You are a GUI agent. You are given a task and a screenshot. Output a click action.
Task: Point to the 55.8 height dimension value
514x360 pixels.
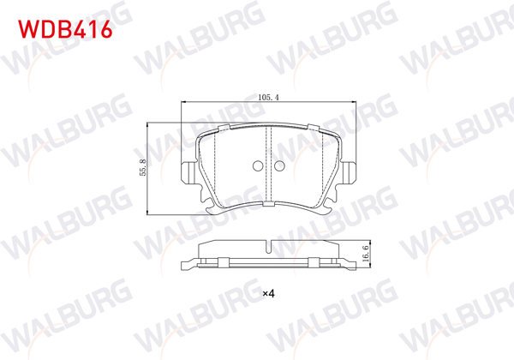pos(143,167)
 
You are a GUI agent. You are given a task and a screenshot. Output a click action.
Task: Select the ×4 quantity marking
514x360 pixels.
pos(267,295)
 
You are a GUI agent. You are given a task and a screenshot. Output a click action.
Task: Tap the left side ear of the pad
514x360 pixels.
pos(187,171)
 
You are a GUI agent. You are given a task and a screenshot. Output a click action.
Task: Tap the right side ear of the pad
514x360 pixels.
pos(350,171)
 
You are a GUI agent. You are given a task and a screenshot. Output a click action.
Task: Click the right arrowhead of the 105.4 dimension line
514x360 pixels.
pos(351,103)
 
